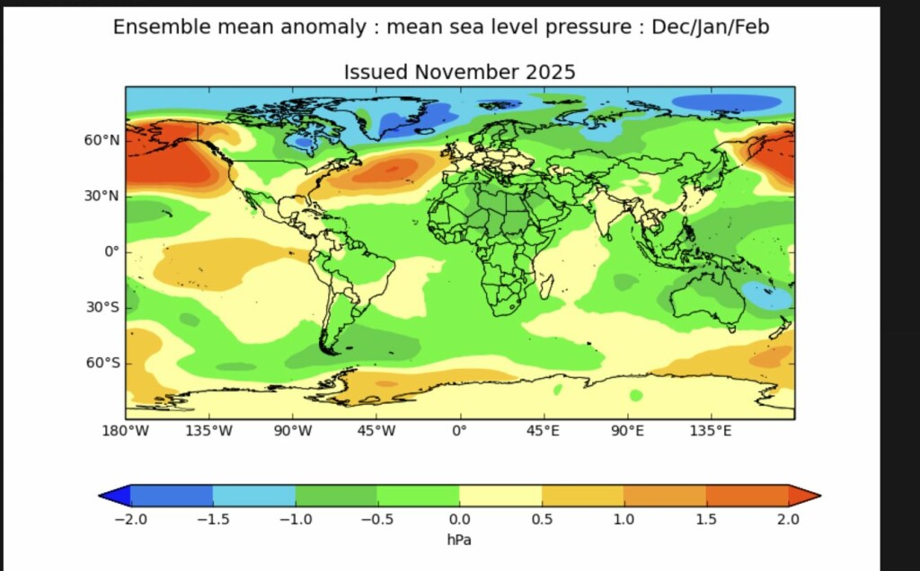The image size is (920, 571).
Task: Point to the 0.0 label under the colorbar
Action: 459,519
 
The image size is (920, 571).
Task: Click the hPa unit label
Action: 459,540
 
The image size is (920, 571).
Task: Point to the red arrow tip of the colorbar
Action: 805,495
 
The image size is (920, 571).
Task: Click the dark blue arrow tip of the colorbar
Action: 114,495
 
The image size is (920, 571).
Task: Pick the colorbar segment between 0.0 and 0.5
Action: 500,495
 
